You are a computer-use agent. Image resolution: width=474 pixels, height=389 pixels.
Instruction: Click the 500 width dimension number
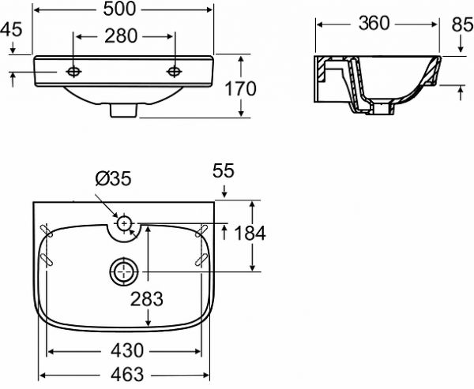click(120, 9)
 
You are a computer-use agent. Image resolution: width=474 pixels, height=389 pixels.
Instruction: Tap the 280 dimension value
click(121, 36)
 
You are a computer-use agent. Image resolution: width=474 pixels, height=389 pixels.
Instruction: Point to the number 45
click(11, 30)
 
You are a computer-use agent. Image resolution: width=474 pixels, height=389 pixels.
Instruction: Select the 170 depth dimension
click(241, 89)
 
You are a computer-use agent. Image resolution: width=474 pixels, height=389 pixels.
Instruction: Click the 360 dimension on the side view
click(374, 23)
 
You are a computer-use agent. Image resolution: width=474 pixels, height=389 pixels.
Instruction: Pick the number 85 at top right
click(462, 24)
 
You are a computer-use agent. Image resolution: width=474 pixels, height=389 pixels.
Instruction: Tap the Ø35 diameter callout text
click(113, 178)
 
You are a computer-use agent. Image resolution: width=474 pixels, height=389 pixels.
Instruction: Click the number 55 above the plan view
click(223, 171)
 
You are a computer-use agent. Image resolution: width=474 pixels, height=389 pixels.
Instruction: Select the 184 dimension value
click(250, 233)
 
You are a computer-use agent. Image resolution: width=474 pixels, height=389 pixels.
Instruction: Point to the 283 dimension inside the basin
click(147, 299)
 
